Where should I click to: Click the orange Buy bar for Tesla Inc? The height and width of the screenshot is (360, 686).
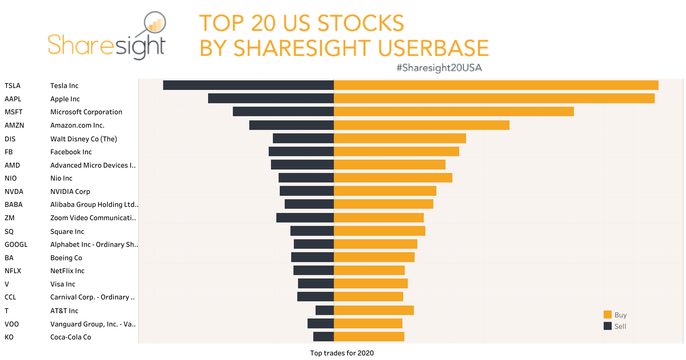point(495,85)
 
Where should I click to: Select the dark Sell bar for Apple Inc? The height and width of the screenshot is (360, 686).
point(271,99)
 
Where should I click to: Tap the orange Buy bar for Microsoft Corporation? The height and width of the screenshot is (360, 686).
point(454,112)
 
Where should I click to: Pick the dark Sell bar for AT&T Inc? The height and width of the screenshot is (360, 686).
point(325,310)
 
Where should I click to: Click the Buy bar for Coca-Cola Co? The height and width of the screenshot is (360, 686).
point(369,337)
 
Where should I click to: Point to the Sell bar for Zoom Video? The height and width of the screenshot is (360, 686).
point(305,218)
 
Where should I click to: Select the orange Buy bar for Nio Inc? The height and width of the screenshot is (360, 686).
point(393,178)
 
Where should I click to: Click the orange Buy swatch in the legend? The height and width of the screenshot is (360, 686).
point(607,315)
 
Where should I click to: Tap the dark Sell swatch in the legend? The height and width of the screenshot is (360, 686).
point(607,326)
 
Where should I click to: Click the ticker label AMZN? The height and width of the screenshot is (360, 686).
point(14,125)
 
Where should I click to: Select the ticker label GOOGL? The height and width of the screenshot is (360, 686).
point(16,245)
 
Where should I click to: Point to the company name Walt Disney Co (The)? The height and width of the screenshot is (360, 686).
point(83,139)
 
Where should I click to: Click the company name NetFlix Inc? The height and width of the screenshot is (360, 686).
point(67,271)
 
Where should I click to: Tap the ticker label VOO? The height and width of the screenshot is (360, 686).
point(12,324)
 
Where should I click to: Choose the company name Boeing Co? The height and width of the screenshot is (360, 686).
point(66,258)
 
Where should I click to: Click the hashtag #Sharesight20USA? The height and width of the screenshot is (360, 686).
point(439,68)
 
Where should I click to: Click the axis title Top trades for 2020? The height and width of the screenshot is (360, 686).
point(342,353)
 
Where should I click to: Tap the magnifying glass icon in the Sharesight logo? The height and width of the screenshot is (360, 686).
point(155,23)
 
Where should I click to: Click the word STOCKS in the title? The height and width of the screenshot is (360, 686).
point(360,23)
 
